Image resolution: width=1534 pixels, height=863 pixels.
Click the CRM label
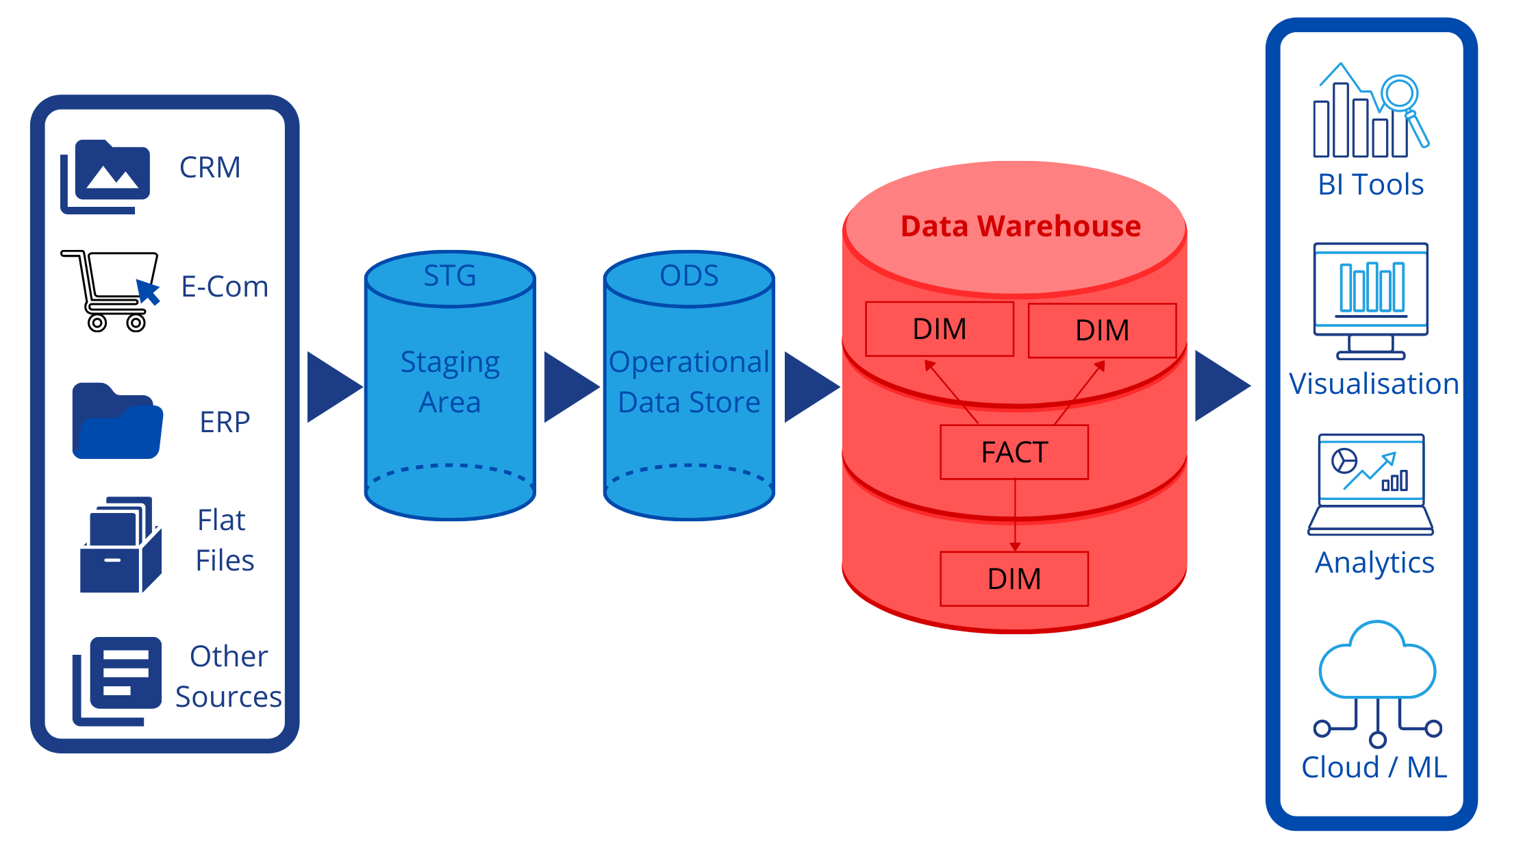(x=210, y=167)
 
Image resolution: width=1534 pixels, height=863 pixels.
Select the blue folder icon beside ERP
(x=117, y=421)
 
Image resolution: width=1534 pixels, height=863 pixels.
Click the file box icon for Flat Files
(x=121, y=545)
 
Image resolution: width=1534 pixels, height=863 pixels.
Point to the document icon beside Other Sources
(x=118, y=679)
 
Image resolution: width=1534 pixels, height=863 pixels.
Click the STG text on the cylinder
(x=449, y=276)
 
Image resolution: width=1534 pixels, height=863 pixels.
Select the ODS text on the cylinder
(x=689, y=276)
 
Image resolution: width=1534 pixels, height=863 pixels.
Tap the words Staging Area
(x=450, y=382)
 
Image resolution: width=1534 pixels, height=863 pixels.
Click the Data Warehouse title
(x=1020, y=226)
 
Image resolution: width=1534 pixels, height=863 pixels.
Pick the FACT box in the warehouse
(x=1014, y=452)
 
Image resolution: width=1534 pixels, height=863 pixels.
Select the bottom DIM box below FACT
(x=1014, y=579)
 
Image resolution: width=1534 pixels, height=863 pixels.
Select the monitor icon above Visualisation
(x=1370, y=300)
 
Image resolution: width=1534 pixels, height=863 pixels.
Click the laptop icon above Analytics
(x=1370, y=484)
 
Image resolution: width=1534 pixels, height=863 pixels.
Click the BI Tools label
(x=1370, y=184)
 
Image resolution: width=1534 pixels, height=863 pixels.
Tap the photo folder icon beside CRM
(x=105, y=176)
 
